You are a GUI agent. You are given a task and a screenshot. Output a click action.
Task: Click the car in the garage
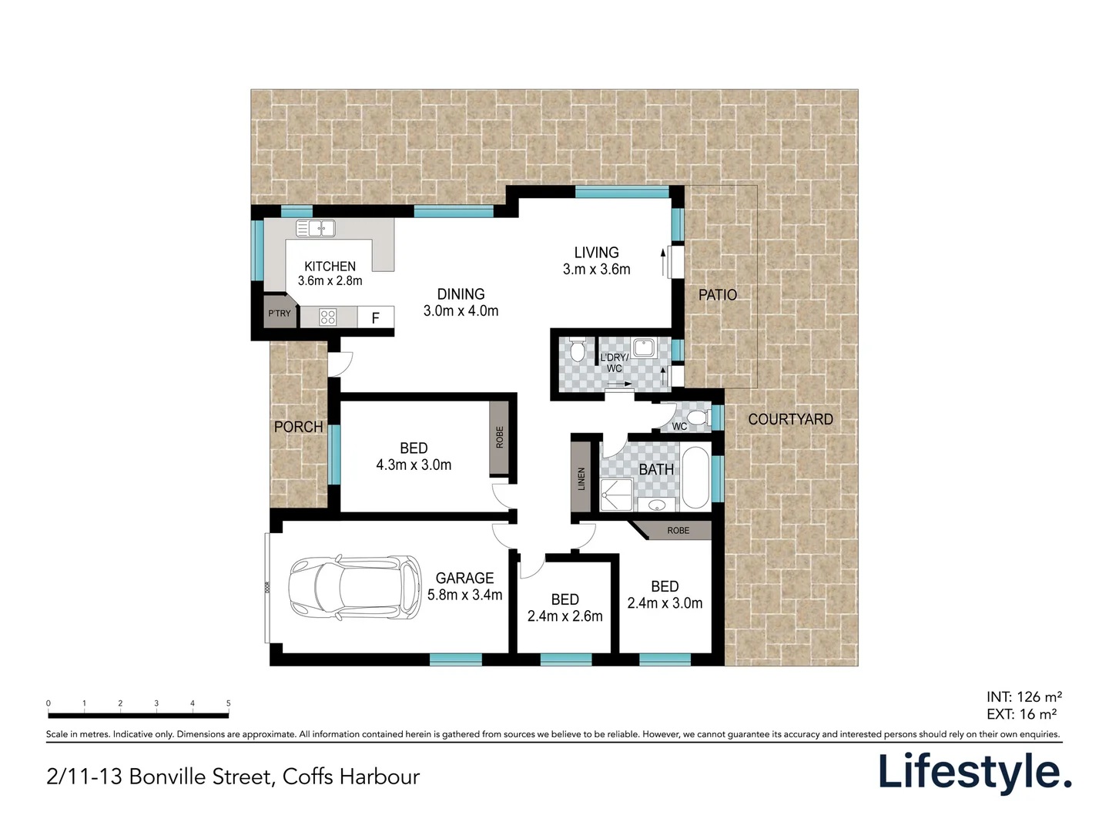tap(355, 588)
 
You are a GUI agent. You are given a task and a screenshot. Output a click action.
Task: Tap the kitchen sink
tap(315, 228)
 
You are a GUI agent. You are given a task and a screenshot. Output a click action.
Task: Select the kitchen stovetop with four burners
tap(327, 317)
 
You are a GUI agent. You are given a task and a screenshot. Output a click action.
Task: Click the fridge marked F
tap(375, 317)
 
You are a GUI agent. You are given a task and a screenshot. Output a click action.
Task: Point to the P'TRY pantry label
tap(280, 314)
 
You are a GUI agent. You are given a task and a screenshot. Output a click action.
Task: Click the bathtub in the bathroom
tap(695, 478)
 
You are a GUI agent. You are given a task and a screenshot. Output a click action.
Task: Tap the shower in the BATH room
tap(616, 495)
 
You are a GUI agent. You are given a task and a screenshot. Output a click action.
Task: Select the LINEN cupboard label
tap(581, 478)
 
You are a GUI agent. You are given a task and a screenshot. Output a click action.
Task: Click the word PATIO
tap(718, 295)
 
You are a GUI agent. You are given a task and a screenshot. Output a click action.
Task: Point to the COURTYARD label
tap(790, 419)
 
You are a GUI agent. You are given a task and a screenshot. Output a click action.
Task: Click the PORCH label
tap(298, 427)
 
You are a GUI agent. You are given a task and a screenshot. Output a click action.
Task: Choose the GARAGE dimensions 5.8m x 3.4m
tap(465, 595)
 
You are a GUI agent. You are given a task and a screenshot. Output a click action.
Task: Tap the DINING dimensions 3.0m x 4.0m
tap(461, 310)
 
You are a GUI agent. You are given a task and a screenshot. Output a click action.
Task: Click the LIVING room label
tap(596, 253)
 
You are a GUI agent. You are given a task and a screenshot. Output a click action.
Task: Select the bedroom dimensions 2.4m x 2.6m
tap(565, 616)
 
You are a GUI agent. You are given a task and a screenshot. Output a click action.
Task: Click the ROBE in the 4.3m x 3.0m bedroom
tap(500, 438)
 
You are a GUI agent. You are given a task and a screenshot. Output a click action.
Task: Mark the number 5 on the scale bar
tap(229, 703)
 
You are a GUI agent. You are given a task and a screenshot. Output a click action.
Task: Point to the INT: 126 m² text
tap(1024, 697)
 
